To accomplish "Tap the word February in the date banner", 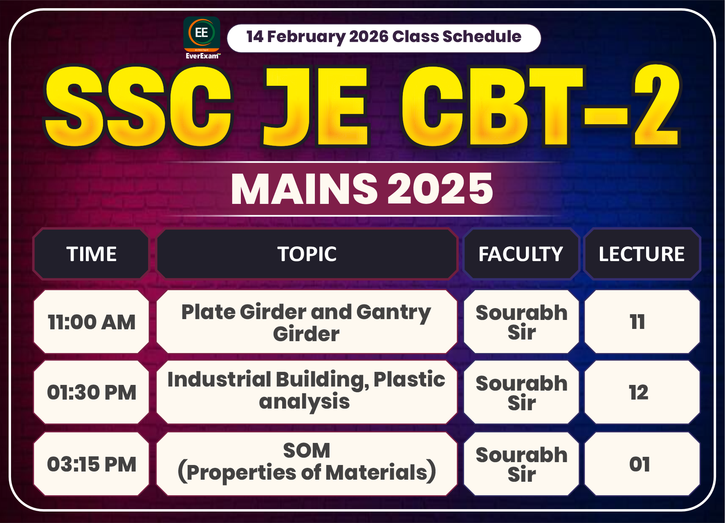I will click(x=306, y=37).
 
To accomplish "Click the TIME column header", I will click(x=92, y=254).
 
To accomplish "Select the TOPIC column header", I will click(x=307, y=254).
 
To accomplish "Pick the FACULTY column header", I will click(x=521, y=254).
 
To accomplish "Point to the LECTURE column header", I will click(x=641, y=254).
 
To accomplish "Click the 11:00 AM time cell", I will click(x=92, y=322).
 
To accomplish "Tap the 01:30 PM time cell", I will click(x=92, y=393).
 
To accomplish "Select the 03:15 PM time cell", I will click(x=92, y=464).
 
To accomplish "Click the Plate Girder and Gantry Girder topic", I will click(x=307, y=322).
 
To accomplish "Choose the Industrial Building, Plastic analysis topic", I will click(x=307, y=391).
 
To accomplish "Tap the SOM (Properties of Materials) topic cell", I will click(x=307, y=463).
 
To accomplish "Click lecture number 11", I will click(x=637, y=322).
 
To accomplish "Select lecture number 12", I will click(x=638, y=393).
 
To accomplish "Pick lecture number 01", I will click(x=640, y=464).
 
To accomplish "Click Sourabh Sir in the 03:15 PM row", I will click(x=521, y=464).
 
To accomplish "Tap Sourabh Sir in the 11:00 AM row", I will click(x=521, y=322).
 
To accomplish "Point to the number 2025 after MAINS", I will click(x=440, y=189).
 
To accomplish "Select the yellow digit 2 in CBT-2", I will click(x=656, y=106).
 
